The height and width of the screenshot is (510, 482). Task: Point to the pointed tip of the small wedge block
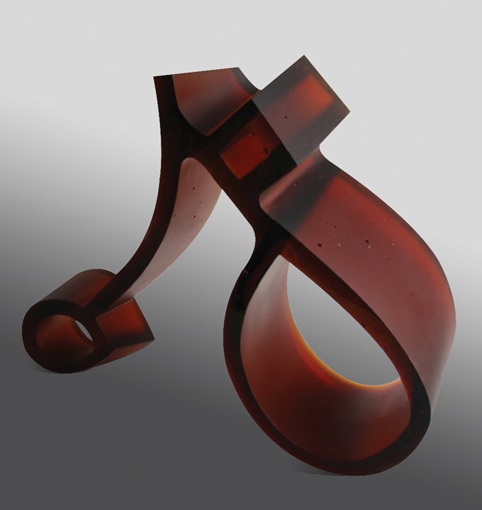point(151,334)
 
